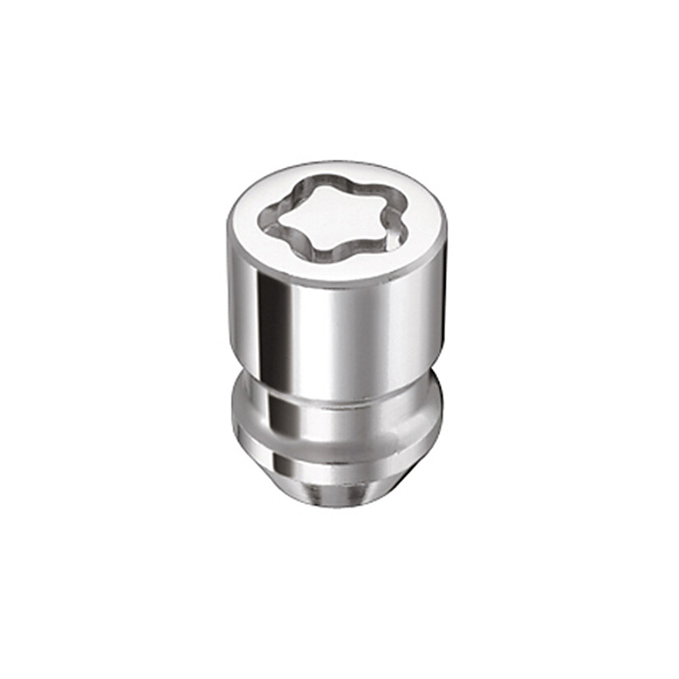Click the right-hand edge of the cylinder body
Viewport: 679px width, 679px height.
click(443, 313)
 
